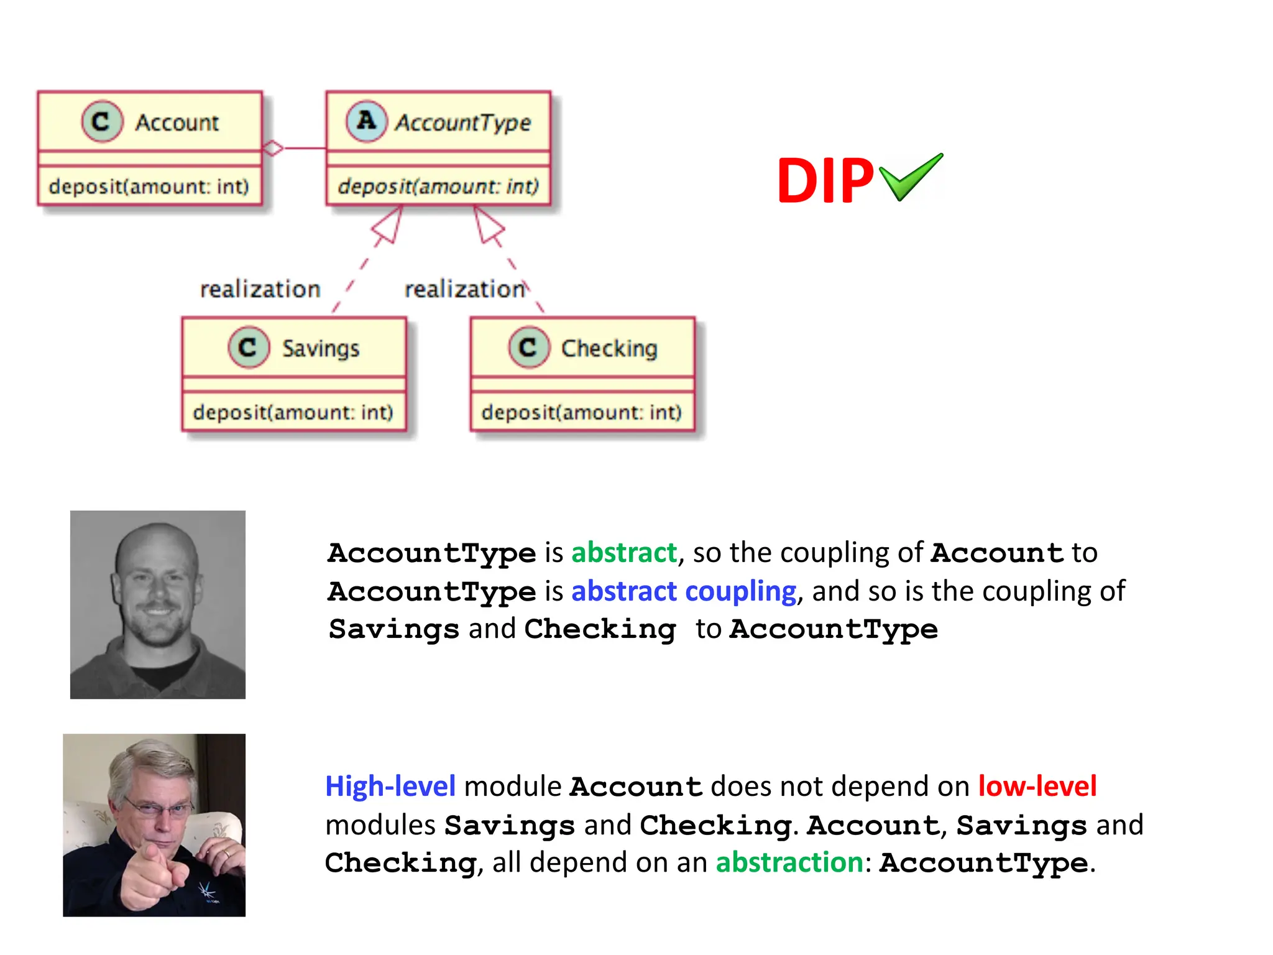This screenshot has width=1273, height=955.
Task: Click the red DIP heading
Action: point(825,181)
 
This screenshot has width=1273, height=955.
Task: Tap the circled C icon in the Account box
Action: point(102,121)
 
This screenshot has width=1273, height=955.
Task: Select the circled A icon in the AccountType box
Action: point(366,121)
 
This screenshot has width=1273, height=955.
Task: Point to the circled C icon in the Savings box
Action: point(249,347)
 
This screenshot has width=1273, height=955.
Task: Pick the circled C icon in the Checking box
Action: point(529,347)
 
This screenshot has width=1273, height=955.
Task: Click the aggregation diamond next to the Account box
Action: point(273,148)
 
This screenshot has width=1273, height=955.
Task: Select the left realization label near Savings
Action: point(260,289)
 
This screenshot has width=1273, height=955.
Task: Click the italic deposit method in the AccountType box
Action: point(438,186)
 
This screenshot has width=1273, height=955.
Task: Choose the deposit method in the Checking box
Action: point(582,412)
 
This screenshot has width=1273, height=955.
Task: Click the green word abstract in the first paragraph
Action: point(624,553)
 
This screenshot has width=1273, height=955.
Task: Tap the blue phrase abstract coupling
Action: point(684,591)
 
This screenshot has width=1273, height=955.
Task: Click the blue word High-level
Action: point(390,787)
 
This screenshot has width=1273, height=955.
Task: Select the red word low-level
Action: point(1037,787)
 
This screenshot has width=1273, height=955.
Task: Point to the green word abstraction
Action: point(789,863)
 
